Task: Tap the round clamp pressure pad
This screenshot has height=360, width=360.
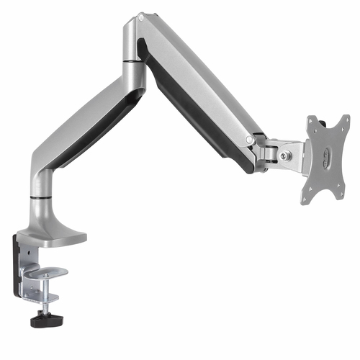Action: pyautogui.click(x=53, y=272)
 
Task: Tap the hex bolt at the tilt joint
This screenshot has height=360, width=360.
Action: pyautogui.click(x=285, y=156)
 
